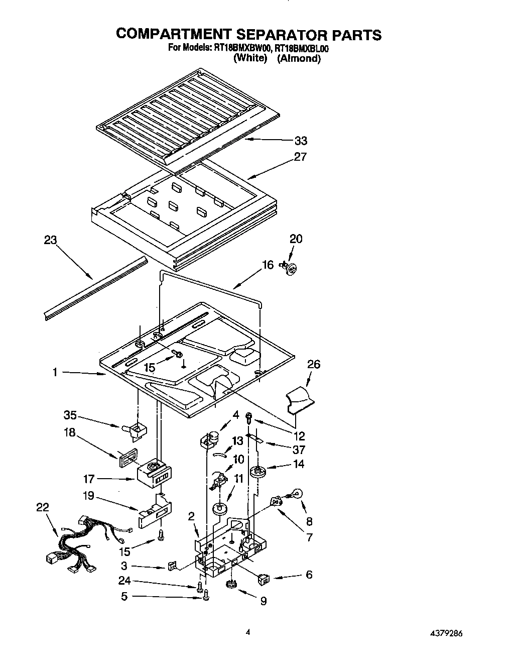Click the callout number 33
[301, 141]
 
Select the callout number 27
[300, 157]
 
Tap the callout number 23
[50, 240]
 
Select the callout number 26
[314, 364]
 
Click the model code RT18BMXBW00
[241, 48]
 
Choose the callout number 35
[70, 415]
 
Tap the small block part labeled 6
[263, 579]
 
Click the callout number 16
[268, 265]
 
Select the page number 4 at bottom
[247, 633]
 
